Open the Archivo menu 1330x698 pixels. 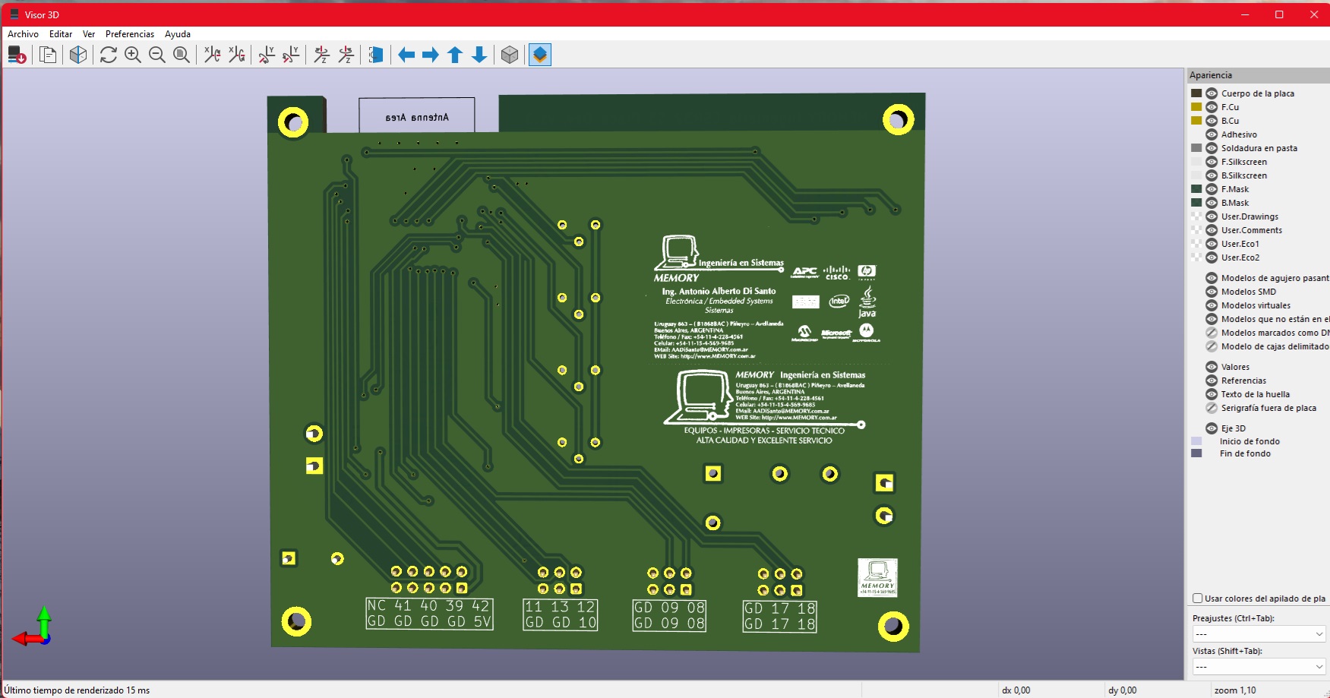tap(23, 34)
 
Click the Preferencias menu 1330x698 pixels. tap(129, 34)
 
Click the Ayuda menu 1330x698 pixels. tap(177, 34)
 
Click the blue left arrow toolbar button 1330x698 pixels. tap(406, 55)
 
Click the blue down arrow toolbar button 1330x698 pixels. tap(479, 55)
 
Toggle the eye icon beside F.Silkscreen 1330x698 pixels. tap(1212, 162)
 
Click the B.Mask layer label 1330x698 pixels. tap(1234, 203)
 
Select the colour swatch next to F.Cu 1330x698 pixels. tap(1196, 107)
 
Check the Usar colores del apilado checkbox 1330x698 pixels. tap(1198, 599)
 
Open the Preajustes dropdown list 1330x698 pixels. tap(1259, 633)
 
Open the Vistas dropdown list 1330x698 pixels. tap(1259, 667)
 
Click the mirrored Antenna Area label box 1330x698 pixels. tap(417, 116)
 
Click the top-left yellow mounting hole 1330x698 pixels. tap(293, 122)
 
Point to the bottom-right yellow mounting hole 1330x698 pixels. tap(893, 627)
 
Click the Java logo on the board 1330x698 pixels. tap(867, 302)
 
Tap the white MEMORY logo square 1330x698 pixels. tap(877, 578)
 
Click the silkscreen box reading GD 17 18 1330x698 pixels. tap(779, 616)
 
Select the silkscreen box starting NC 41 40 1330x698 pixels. tap(429, 614)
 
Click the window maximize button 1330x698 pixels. tap(1279, 14)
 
